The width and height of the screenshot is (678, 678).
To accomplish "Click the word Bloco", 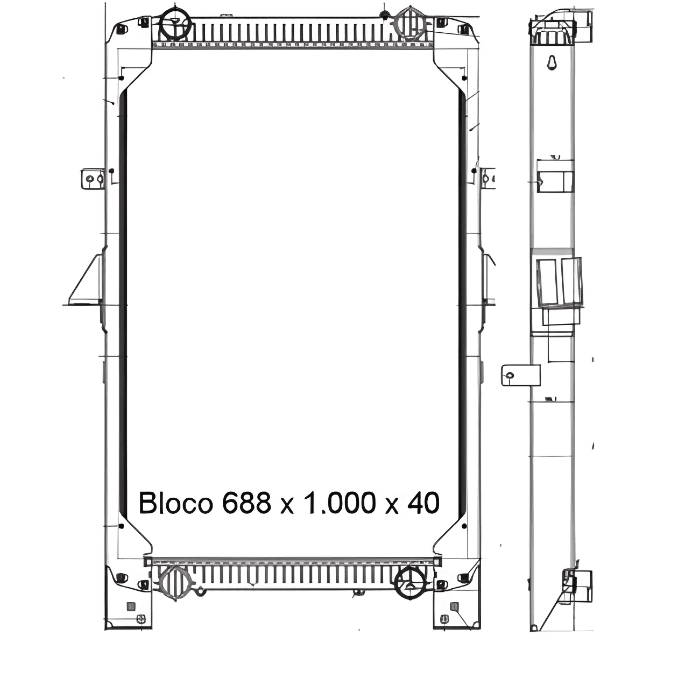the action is pos(176,503).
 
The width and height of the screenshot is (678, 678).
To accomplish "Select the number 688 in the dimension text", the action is pos(247,503).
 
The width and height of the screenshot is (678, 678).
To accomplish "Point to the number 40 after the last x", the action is pos(423,503).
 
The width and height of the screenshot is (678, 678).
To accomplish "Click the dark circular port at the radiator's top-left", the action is pos(176,23).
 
